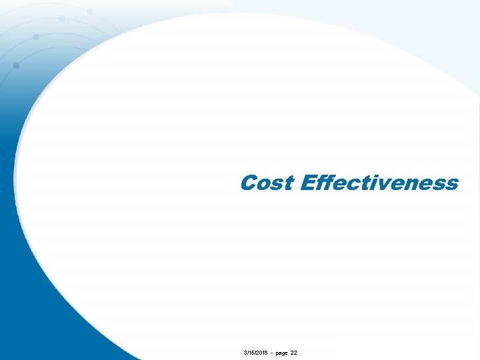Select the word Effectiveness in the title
click(379, 183)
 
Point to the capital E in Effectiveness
click(309, 183)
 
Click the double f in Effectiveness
click(326, 182)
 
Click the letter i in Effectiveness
click(374, 183)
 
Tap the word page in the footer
click(280, 352)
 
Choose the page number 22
click(294, 351)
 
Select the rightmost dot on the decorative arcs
click(90, 12)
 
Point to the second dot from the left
click(35, 36)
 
